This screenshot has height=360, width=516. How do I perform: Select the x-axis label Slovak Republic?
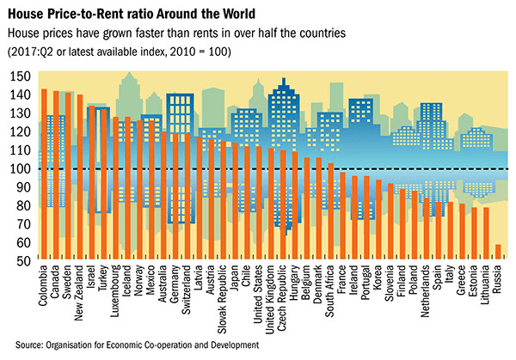(x=223, y=302)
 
